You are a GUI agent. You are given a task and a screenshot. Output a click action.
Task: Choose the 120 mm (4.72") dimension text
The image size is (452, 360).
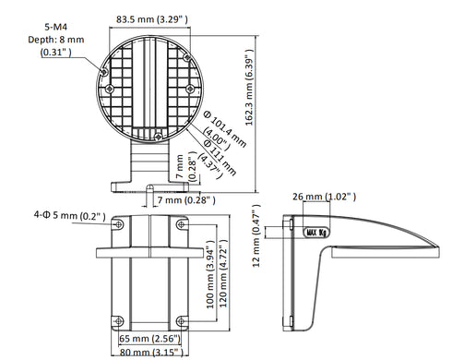coord(222,275)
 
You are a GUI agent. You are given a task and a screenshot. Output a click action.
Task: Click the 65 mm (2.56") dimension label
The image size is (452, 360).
coord(148,339)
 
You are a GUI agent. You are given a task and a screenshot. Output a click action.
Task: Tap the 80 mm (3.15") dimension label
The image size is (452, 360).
coord(148,351)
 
